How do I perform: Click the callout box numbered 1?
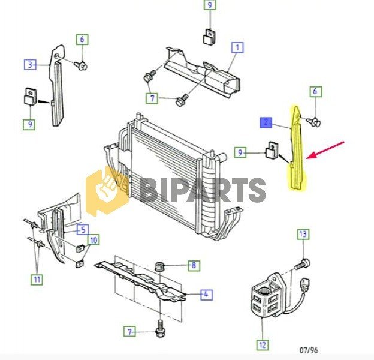point(237,47)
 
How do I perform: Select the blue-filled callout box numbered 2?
point(266,123)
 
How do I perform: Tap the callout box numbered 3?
point(30,64)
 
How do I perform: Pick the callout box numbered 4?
point(206,295)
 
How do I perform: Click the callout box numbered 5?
point(83,230)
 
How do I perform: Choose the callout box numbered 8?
point(194,265)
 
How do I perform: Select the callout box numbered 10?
point(93,240)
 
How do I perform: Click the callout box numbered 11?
point(37,279)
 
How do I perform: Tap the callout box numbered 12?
point(263,345)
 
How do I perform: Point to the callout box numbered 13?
point(303,234)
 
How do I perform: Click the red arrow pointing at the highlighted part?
point(325,150)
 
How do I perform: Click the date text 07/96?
point(309,350)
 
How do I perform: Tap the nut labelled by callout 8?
point(159,266)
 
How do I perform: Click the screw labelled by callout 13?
point(303,264)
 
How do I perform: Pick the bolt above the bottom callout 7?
point(160,328)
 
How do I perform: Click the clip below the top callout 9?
point(209,37)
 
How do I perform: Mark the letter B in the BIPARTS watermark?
point(151,190)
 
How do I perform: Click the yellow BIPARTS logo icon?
point(108,191)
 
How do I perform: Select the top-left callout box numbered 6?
point(82,40)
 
